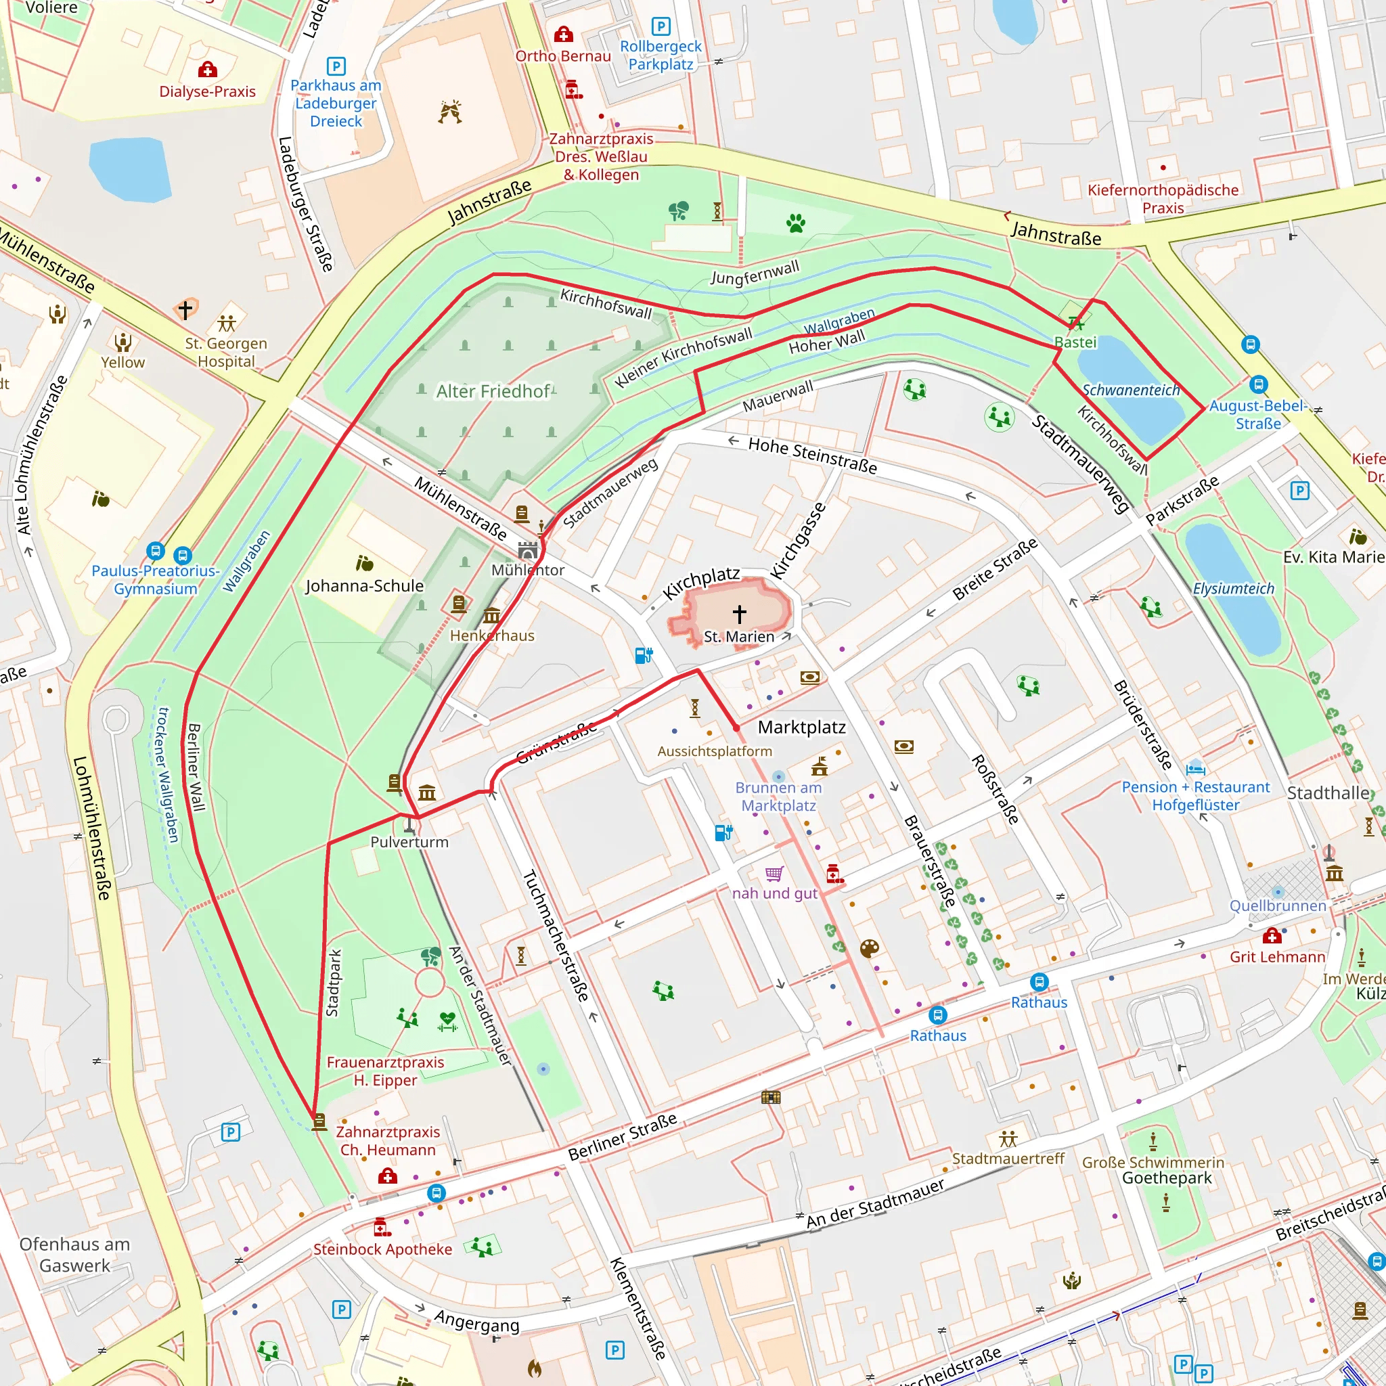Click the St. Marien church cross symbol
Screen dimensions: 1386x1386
coord(740,613)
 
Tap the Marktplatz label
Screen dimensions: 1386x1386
coord(801,727)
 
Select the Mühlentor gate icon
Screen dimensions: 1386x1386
coord(528,551)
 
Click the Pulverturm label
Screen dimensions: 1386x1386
coord(409,842)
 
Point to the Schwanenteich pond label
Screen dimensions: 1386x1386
coord(1131,390)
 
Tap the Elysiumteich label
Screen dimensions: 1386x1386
coord(1233,588)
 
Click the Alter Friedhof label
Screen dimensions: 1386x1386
coord(493,391)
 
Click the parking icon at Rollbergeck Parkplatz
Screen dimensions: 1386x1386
coord(661,26)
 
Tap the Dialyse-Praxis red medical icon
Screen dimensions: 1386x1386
coord(207,70)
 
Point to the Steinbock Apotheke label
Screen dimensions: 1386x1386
coord(382,1249)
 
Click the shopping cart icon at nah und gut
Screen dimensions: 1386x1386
coord(774,873)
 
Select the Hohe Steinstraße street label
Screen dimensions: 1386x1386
coord(812,455)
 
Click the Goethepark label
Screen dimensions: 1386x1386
coord(1167,1178)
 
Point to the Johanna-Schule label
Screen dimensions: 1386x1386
coord(365,586)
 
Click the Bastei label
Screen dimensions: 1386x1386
coord(1075,342)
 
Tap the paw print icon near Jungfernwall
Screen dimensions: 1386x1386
coord(795,223)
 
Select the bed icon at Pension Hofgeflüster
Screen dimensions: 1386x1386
coord(1194,768)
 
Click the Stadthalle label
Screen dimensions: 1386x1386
coord(1328,792)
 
